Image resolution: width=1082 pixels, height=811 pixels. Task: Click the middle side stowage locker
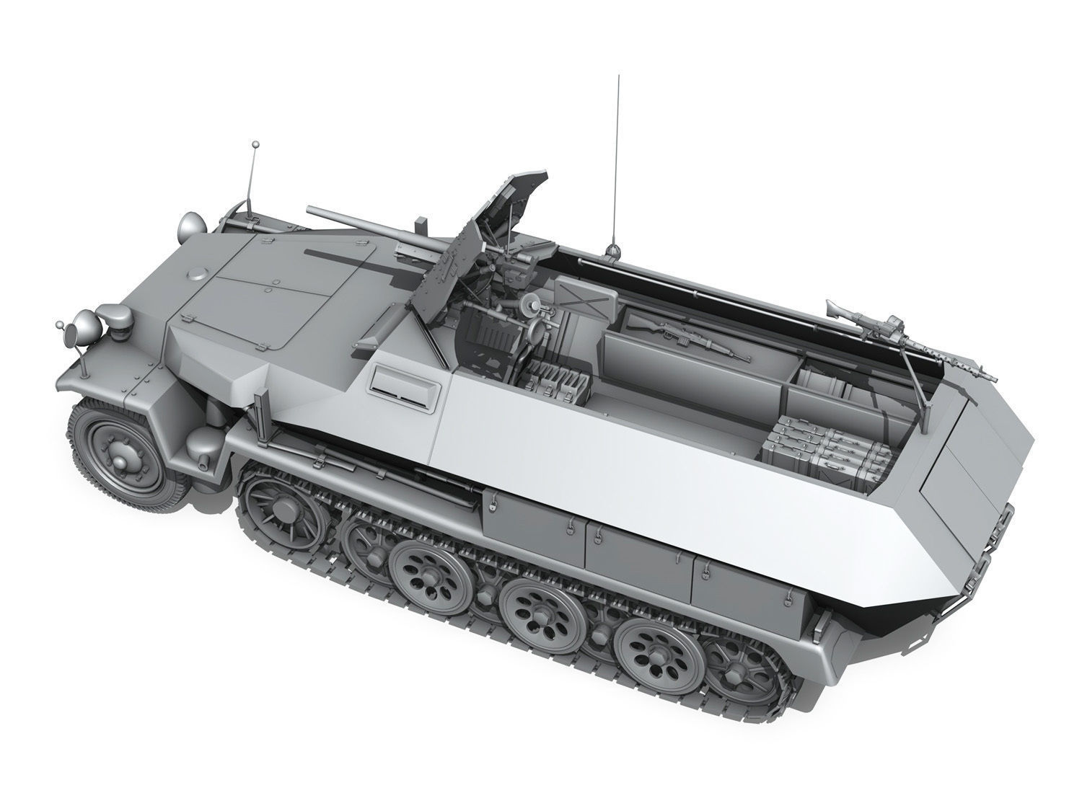tap(638, 555)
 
